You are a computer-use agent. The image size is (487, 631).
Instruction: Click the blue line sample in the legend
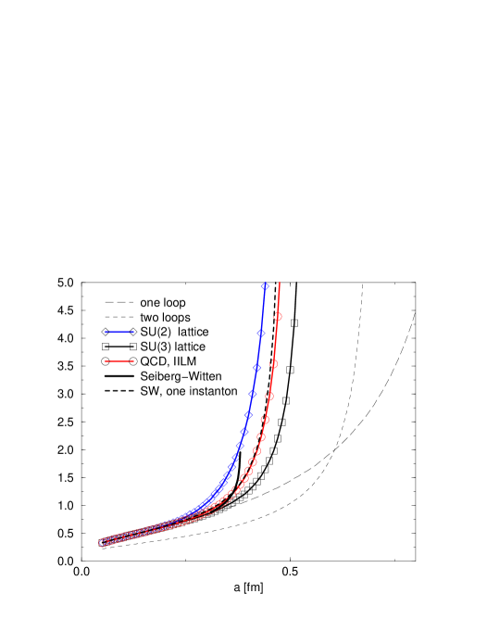[119, 332]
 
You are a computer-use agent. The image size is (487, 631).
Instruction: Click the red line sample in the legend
[119, 361]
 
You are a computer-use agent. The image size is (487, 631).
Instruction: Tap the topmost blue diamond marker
[265, 286]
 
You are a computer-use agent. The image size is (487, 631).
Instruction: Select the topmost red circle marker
[278, 317]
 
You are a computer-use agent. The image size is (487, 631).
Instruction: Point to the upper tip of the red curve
[280, 282]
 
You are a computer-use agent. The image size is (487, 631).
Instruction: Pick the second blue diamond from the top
[261, 333]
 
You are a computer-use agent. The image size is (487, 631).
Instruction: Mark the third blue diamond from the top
[256, 367]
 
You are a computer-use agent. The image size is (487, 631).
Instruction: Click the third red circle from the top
[269, 396]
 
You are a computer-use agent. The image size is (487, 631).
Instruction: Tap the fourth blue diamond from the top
[252, 394]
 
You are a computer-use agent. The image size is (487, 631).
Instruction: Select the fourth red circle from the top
[265, 419]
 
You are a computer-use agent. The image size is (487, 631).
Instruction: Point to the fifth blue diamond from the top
[248, 414]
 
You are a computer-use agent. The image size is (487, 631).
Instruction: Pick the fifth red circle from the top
[261, 436]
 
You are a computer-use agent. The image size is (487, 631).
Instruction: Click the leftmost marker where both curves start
[103, 543]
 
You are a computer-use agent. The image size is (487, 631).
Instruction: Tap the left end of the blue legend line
[106, 332]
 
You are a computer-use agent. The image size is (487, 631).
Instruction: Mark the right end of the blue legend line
[134, 332]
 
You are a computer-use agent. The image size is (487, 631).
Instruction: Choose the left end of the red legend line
[106, 361]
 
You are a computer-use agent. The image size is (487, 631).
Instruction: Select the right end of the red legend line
[134, 361]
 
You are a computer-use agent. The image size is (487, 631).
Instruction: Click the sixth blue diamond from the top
[244, 431]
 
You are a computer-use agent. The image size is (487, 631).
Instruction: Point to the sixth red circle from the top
[256, 450]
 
